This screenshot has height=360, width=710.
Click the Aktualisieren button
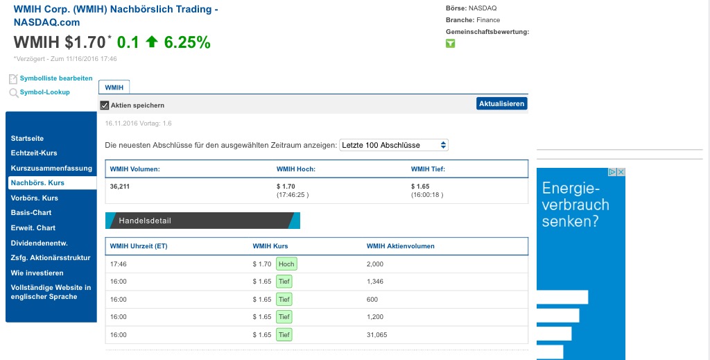pos(502,103)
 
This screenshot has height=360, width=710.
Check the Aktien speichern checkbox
pos(105,105)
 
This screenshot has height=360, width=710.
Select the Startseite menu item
pos(28,139)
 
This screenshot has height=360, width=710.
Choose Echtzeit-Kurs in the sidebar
pos(34,153)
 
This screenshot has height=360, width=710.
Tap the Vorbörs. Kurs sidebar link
pos(35,198)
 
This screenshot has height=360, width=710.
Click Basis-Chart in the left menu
pos(31,213)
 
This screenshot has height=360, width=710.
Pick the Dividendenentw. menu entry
pos(39,243)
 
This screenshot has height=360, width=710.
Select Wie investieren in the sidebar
pos(37,273)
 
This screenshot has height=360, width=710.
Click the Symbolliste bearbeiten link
pos(55,78)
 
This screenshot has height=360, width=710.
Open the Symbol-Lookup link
pos(44,92)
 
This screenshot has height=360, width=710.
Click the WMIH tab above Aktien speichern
pos(114,87)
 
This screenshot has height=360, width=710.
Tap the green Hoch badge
pos(286,264)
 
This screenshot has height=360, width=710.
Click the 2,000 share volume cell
pos(374,264)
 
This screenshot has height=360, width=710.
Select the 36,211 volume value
pos(121,186)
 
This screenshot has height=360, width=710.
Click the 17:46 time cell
pos(118,264)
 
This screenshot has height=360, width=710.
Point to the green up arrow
pos(152,42)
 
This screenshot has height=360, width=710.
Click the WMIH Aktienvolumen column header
pos(400,246)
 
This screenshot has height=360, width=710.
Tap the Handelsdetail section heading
pos(145,221)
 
